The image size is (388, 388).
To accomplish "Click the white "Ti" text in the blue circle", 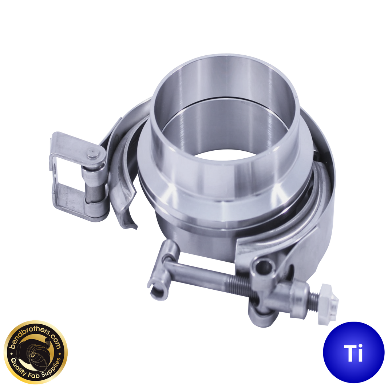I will (353, 353).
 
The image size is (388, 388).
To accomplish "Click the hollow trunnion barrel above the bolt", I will (263, 268).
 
